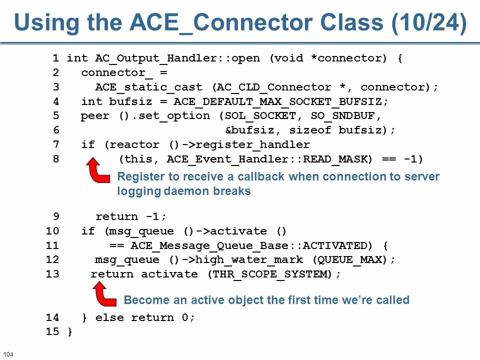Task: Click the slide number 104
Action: click(x=8, y=354)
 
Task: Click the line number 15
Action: click(x=52, y=332)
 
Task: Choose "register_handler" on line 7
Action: click(x=253, y=145)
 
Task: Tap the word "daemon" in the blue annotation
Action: click(x=188, y=191)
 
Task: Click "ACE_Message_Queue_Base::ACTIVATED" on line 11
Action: click(x=249, y=245)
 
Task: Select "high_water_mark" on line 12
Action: click(x=249, y=260)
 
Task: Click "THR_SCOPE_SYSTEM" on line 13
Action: click(x=270, y=274)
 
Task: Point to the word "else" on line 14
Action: click(x=109, y=317)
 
